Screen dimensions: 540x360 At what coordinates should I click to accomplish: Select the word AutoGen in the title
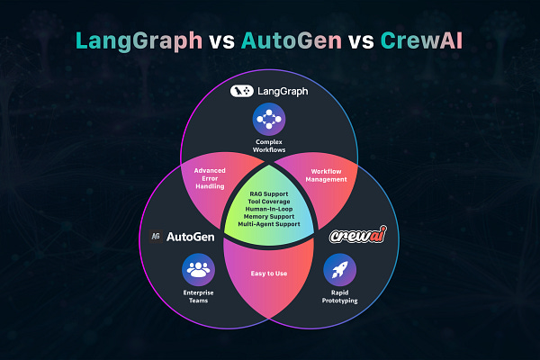pyautogui.click(x=274, y=40)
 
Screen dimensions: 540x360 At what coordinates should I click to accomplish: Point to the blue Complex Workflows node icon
pyautogui.click(x=269, y=118)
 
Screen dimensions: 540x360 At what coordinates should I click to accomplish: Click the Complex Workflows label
pyautogui.click(x=269, y=147)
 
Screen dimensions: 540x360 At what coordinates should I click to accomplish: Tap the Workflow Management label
pyautogui.click(x=328, y=175)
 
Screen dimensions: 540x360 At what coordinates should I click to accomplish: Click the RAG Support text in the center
pyautogui.click(x=270, y=193)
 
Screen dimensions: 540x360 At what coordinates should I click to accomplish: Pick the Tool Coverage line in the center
pyautogui.click(x=270, y=202)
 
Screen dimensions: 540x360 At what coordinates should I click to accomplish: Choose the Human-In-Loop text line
pyautogui.click(x=270, y=211)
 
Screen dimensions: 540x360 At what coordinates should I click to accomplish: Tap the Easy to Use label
pyautogui.click(x=270, y=274)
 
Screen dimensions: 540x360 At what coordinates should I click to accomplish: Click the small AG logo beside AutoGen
pyautogui.click(x=156, y=237)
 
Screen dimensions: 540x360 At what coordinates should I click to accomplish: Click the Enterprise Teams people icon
pyautogui.click(x=197, y=269)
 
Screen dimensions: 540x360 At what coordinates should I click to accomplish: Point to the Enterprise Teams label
pyautogui.click(x=197, y=299)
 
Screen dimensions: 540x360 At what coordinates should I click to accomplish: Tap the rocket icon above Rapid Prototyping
pyautogui.click(x=339, y=269)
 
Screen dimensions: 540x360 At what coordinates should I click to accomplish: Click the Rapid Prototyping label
pyautogui.click(x=339, y=299)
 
